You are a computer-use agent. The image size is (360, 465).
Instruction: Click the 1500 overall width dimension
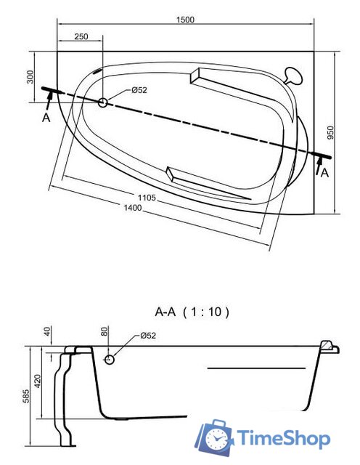(x=185, y=20)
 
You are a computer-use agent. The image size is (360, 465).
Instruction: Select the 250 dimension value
(x=81, y=36)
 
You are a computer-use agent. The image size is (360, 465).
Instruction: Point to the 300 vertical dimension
(x=30, y=76)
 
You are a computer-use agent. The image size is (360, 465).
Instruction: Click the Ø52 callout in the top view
(x=139, y=90)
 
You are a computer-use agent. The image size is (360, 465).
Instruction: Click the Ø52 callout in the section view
(x=147, y=335)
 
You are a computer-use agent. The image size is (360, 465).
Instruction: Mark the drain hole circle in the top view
(x=102, y=103)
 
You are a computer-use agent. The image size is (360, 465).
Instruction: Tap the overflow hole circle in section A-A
(x=110, y=358)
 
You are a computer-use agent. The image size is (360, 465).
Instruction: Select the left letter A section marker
(x=46, y=118)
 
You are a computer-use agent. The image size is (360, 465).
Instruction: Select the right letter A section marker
(x=324, y=172)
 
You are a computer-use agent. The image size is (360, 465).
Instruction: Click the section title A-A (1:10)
(x=192, y=312)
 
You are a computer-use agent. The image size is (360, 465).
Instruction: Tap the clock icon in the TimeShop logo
(x=216, y=438)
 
